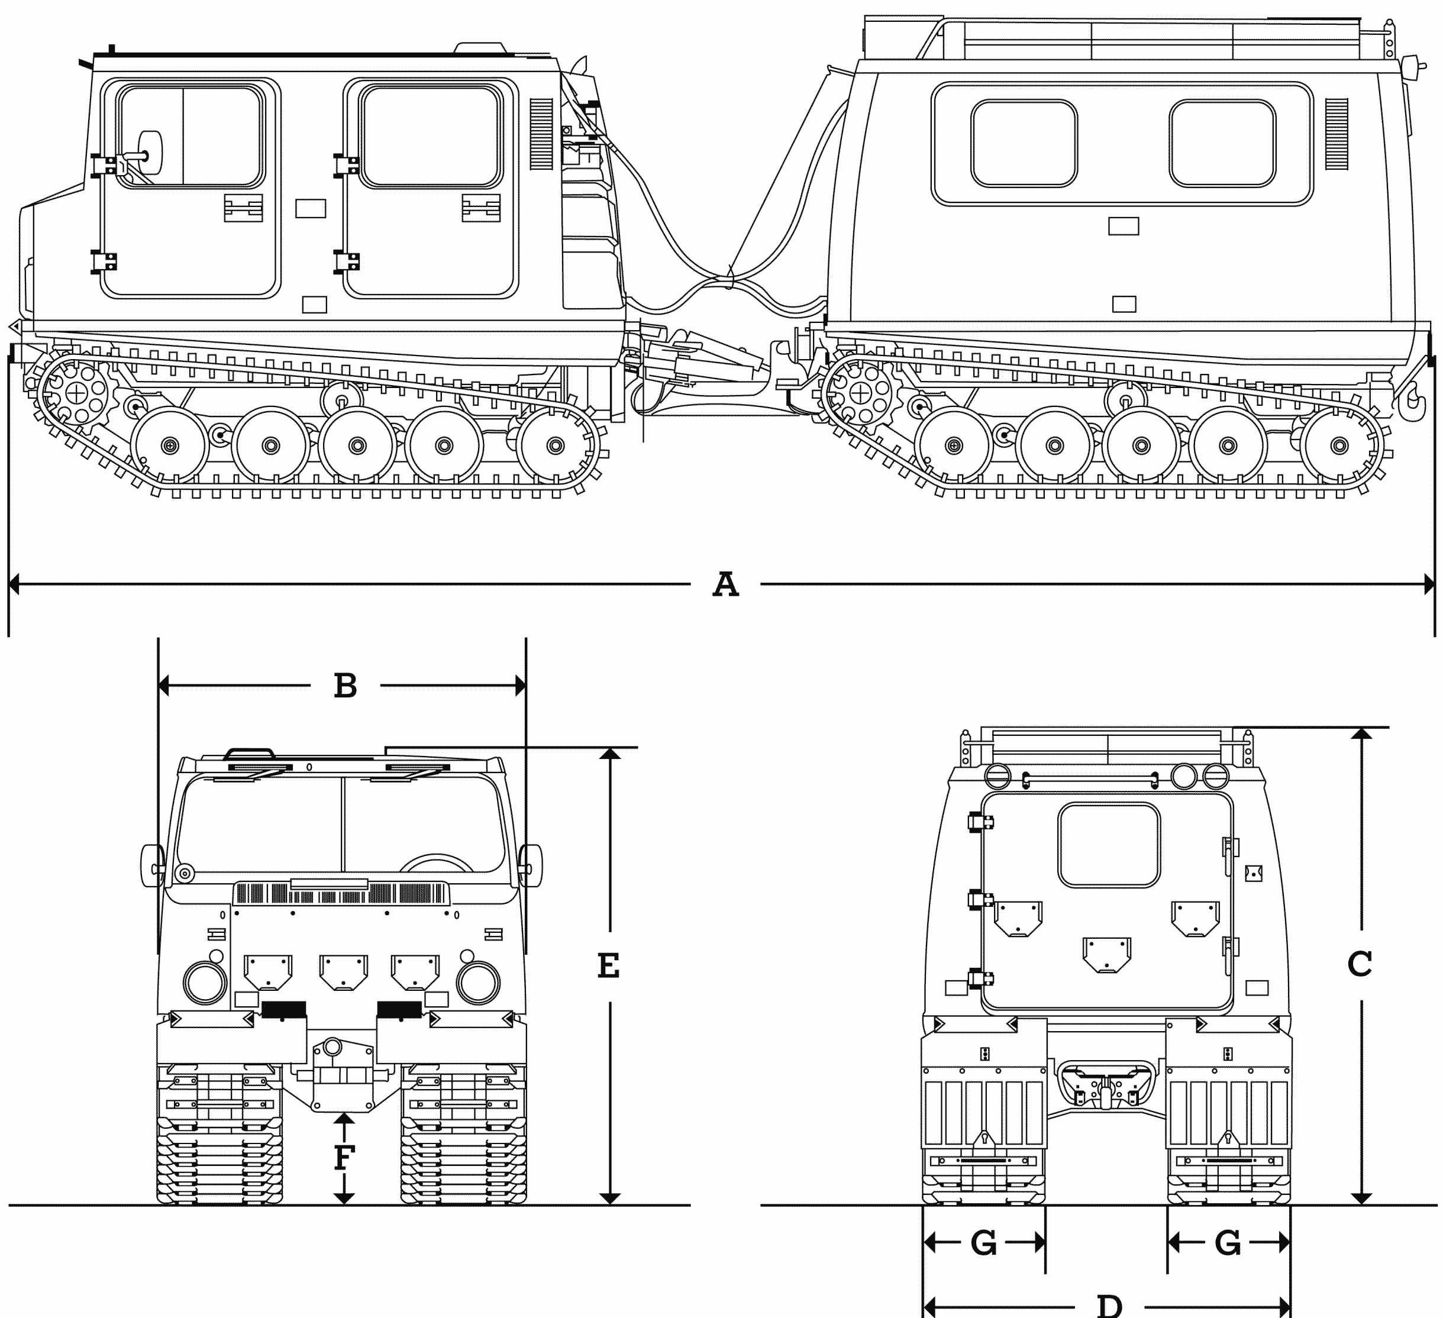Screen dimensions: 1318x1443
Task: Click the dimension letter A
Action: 725,584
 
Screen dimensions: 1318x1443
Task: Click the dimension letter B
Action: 345,686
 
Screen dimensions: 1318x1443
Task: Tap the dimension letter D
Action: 1109,1305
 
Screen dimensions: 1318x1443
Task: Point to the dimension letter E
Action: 608,966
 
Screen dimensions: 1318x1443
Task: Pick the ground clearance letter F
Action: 344,1157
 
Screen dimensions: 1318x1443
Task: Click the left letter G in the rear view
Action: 983,1243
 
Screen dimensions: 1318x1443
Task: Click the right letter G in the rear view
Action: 1228,1243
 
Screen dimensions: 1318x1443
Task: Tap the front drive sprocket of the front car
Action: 76,392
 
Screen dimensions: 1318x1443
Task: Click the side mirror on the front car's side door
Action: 150,153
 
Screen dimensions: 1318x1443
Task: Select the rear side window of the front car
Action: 430,136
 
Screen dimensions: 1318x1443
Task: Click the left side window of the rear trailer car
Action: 1024,143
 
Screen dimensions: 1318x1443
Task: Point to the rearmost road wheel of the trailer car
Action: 1338,445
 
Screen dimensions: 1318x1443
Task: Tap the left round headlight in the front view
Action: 205,983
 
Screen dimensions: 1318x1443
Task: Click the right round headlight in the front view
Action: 478,983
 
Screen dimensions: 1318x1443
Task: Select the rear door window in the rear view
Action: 1109,844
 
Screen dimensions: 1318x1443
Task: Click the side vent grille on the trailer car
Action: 1337,134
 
